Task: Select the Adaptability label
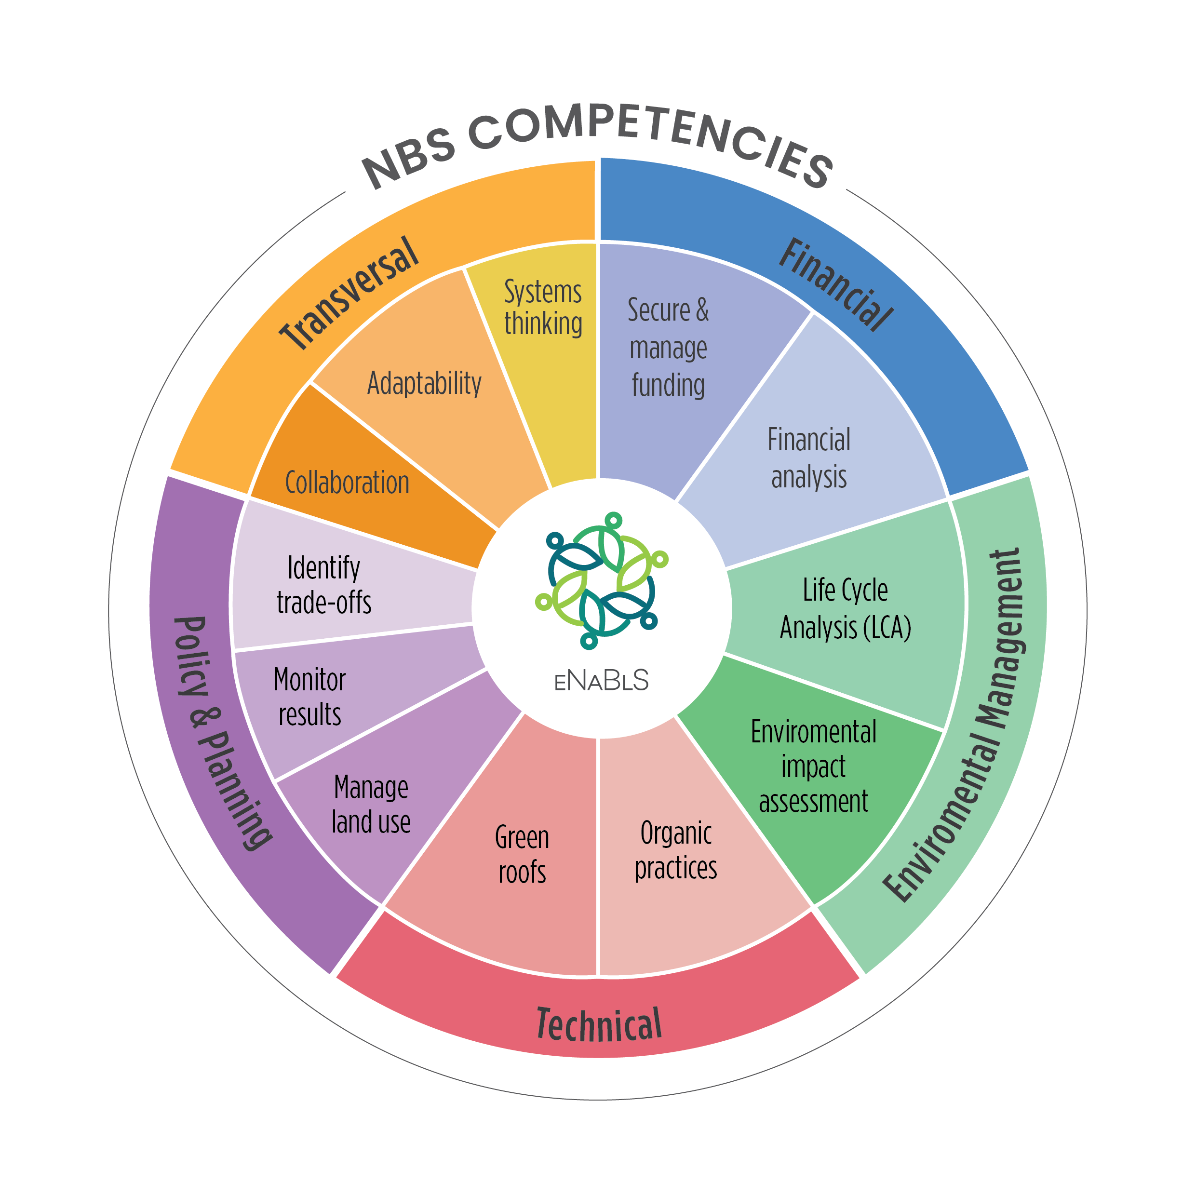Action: pos(424,383)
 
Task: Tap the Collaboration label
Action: pos(347,483)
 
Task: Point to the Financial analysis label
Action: pos(808,458)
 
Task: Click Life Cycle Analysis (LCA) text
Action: pos(845,608)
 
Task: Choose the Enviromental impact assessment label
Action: pos(813,766)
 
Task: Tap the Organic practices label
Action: pos(676,850)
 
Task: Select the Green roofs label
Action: pos(522,855)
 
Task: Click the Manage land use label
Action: pos(371,805)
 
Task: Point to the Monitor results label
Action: pos(309,697)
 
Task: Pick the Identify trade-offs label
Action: pos(324,585)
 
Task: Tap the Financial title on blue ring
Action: pos(836,284)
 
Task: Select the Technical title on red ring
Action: pos(599,1024)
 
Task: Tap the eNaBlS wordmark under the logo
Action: pos(601,680)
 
